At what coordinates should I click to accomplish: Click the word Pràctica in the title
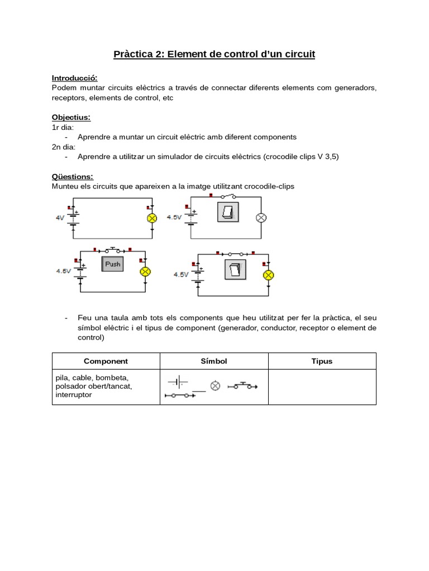[132, 54]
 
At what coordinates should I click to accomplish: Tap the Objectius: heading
[71, 117]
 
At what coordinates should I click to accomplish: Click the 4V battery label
[60, 218]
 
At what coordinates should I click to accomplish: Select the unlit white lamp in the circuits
[260, 218]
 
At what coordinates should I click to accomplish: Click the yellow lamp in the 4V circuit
[151, 219]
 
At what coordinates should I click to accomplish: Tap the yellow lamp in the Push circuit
[145, 272]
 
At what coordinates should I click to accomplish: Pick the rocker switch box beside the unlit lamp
[227, 212]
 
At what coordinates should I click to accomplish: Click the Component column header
[106, 361]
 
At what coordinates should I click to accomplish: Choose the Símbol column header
[214, 361]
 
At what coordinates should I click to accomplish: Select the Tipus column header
[322, 361]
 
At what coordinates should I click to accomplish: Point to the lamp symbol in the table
[214, 385]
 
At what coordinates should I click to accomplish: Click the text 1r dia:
[63, 127]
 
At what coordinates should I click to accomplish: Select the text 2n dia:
[63, 147]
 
